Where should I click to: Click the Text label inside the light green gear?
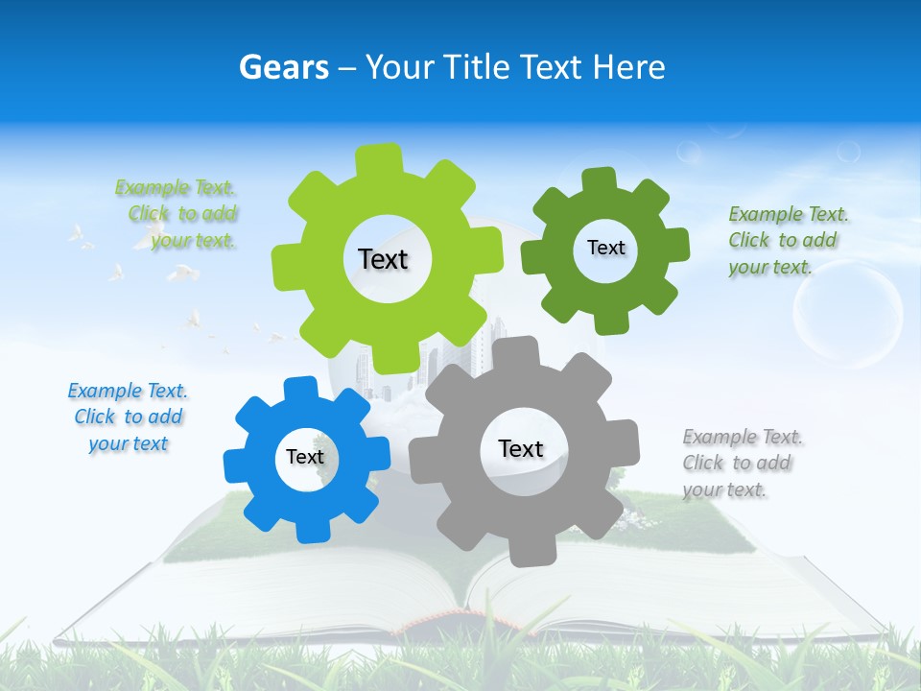tap(383, 259)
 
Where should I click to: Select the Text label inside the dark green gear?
tap(605, 248)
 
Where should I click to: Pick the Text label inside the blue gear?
tap(305, 457)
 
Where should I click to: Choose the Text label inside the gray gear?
tap(521, 448)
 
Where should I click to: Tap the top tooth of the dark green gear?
tap(599, 180)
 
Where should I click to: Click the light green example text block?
tap(177, 214)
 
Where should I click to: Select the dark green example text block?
tap(788, 240)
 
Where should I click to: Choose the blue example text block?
tap(128, 417)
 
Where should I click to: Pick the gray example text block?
tap(742, 463)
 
